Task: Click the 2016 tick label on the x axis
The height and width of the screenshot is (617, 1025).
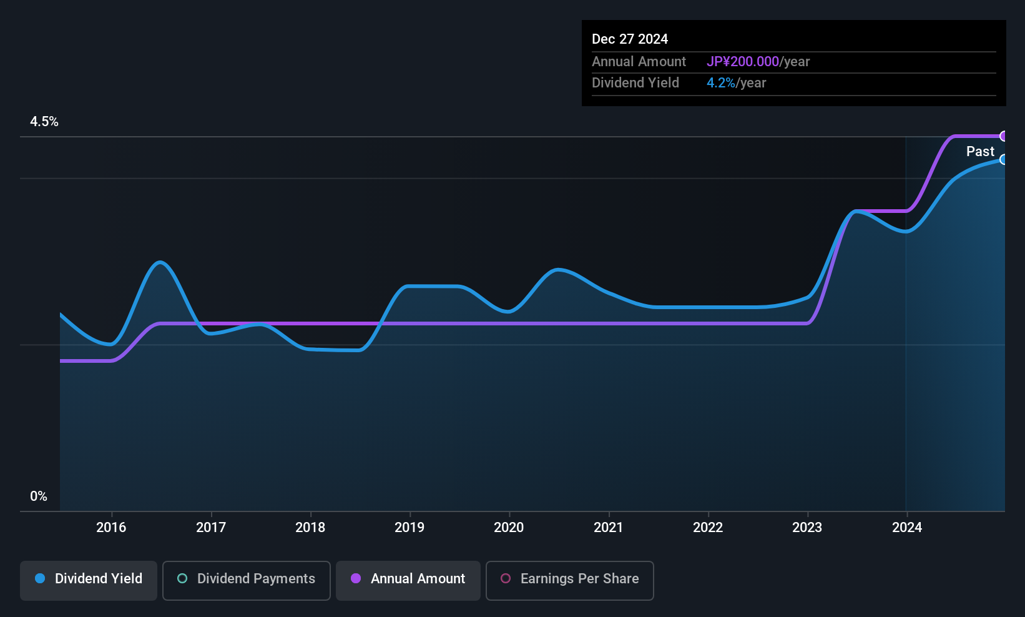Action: point(111,527)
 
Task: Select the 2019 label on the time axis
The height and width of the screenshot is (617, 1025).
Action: point(410,527)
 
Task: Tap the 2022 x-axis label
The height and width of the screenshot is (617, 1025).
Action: point(708,527)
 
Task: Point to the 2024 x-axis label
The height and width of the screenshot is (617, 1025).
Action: point(907,527)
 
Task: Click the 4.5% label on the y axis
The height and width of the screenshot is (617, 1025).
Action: point(44,121)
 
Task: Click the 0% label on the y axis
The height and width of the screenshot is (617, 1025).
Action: point(39,496)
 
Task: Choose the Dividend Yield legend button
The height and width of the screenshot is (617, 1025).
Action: point(88,580)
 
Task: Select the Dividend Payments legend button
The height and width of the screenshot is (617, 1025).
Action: point(246,580)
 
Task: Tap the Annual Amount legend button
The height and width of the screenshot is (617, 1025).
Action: point(408,580)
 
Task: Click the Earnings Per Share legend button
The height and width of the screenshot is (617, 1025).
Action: point(570,580)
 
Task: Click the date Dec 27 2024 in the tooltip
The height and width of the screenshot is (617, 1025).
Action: point(630,39)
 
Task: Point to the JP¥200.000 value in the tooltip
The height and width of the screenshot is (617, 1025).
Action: point(743,61)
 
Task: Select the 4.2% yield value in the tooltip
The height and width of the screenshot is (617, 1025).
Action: point(721,83)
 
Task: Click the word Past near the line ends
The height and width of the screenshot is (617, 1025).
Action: point(980,151)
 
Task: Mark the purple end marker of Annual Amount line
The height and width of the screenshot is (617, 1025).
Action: point(1003,136)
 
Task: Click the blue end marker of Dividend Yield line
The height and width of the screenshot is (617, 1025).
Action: point(1003,159)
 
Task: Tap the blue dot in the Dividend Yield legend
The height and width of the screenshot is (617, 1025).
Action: point(41,578)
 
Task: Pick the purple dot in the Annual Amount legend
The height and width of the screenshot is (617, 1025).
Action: point(356,578)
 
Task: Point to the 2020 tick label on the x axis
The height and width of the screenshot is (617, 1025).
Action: point(509,527)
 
